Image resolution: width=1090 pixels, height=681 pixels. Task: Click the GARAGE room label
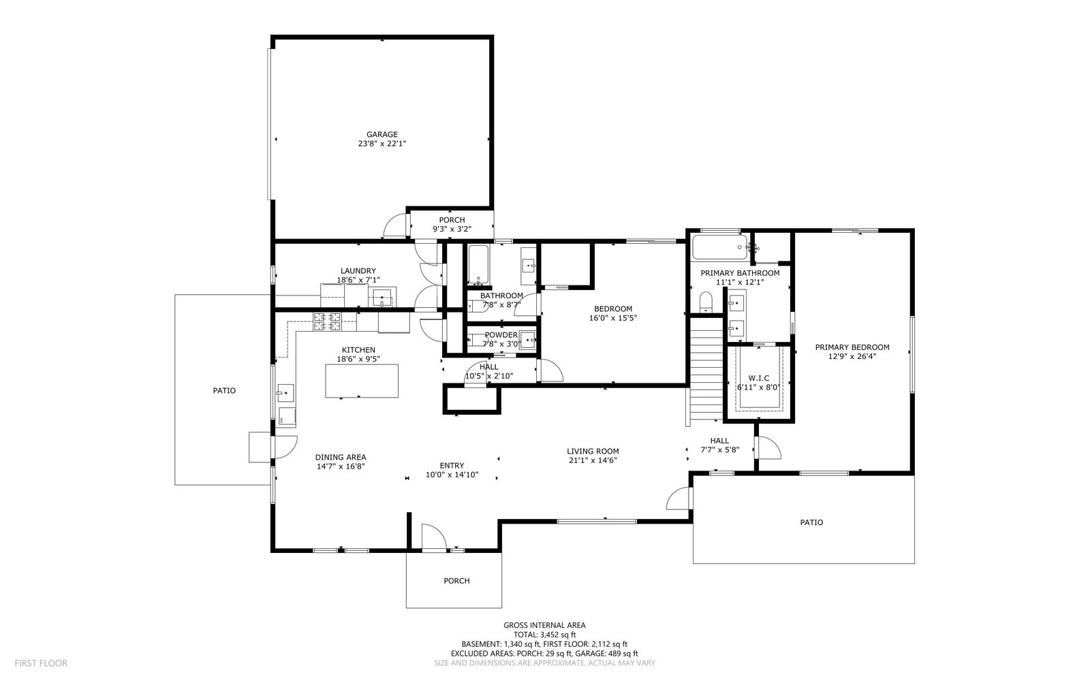click(x=382, y=134)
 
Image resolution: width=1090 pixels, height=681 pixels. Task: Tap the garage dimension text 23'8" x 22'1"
click(x=382, y=144)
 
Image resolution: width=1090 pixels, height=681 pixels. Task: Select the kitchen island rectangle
click(x=362, y=381)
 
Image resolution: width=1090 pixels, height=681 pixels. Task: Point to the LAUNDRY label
click(x=358, y=271)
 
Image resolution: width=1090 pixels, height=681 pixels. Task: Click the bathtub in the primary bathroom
click(x=719, y=247)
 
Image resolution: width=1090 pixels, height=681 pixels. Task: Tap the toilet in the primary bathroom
click(x=706, y=302)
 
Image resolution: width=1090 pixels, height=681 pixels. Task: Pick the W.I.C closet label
click(x=759, y=378)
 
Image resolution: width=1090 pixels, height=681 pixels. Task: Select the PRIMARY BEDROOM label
click(x=852, y=347)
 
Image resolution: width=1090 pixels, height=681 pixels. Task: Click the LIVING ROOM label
click(x=593, y=452)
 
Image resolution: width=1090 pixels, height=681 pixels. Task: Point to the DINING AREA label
click(x=341, y=457)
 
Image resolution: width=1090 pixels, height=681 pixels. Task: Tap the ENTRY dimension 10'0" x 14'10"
click(x=452, y=475)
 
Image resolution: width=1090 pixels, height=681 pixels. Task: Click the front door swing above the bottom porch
click(x=434, y=537)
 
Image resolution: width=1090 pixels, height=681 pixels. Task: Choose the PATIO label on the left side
click(x=224, y=391)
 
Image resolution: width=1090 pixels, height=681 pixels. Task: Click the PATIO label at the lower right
click(x=811, y=522)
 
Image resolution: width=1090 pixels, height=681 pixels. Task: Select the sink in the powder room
click(x=527, y=340)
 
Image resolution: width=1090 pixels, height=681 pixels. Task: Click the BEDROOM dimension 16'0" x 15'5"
click(x=613, y=318)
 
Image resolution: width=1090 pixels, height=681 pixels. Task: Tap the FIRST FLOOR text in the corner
click(x=41, y=663)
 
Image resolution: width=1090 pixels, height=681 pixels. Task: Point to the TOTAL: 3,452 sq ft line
click(x=544, y=635)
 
